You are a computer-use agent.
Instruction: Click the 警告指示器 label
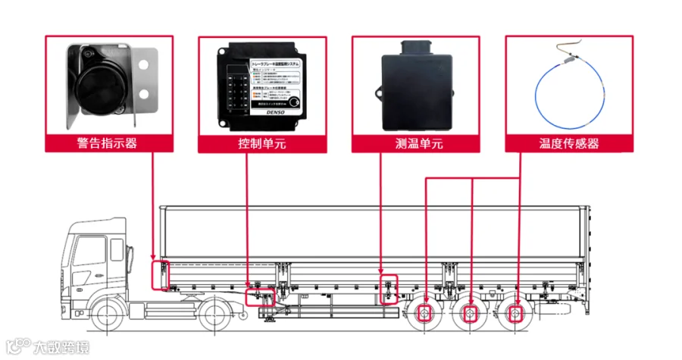pos(107,143)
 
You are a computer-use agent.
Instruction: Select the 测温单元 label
pos(414,143)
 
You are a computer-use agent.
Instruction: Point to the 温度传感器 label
pos(568,143)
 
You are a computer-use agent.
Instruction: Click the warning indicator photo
pos(107,85)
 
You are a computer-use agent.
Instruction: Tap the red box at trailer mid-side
pos(389,288)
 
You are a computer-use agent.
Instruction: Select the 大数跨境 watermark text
pos(61,348)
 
